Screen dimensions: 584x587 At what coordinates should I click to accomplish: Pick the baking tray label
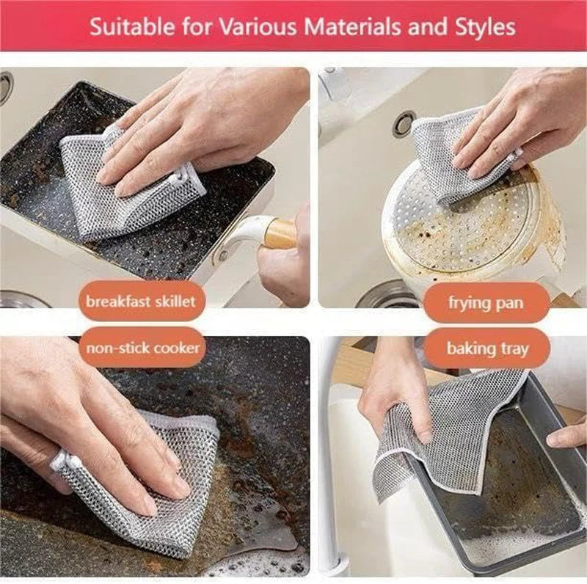coord(487,348)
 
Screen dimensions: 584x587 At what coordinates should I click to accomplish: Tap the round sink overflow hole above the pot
coord(404,124)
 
